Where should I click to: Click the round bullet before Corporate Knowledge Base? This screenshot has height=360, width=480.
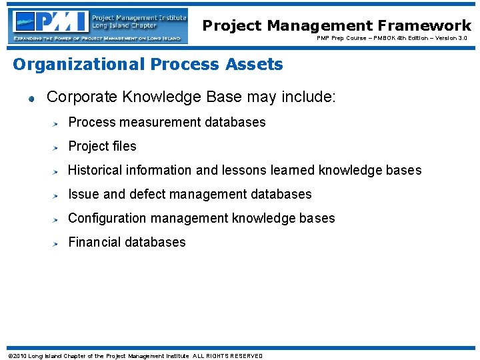coord(31,99)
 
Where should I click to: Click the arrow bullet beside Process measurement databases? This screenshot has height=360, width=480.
coord(59,123)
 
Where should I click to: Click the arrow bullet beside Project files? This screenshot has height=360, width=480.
coord(59,147)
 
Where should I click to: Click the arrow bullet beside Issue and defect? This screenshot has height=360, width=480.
coord(59,195)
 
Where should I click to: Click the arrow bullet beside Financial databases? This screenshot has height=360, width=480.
coord(59,243)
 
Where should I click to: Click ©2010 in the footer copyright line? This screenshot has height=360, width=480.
coord(17,356)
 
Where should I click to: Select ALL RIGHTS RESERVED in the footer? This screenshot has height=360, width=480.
coord(227,356)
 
